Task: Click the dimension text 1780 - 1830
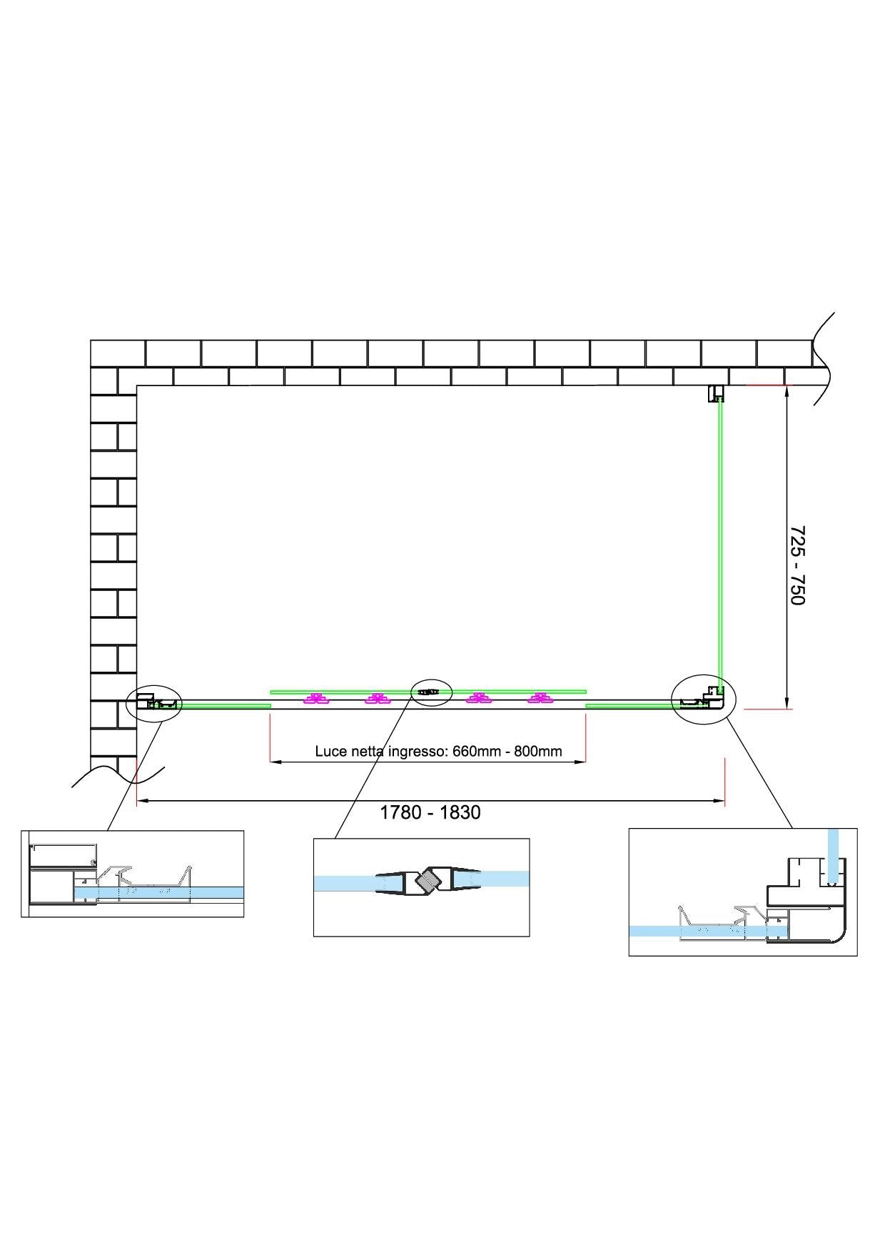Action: pyautogui.click(x=430, y=812)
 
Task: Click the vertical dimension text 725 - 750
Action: pyautogui.click(x=797, y=565)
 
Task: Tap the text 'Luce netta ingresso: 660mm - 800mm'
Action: pyautogui.click(x=438, y=751)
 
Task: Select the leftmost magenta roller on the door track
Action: pyautogui.click(x=314, y=699)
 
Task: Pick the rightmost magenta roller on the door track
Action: pyautogui.click(x=540, y=699)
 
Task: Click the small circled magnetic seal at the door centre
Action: pyautogui.click(x=431, y=692)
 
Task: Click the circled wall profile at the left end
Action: pyautogui.click(x=153, y=703)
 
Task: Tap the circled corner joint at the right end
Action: pyautogui.click(x=703, y=699)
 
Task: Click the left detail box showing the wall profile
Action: pyautogui.click(x=133, y=874)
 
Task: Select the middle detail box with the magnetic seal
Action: pyautogui.click(x=421, y=887)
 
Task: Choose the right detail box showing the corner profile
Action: pyautogui.click(x=742, y=892)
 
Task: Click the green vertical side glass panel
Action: pyautogui.click(x=719, y=542)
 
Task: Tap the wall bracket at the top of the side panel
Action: pyautogui.click(x=716, y=393)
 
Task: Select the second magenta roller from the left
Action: pyautogui.click(x=376, y=699)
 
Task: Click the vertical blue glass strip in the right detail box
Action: pyautogui.click(x=832, y=854)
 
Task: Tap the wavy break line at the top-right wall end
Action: pyautogui.click(x=824, y=357)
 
